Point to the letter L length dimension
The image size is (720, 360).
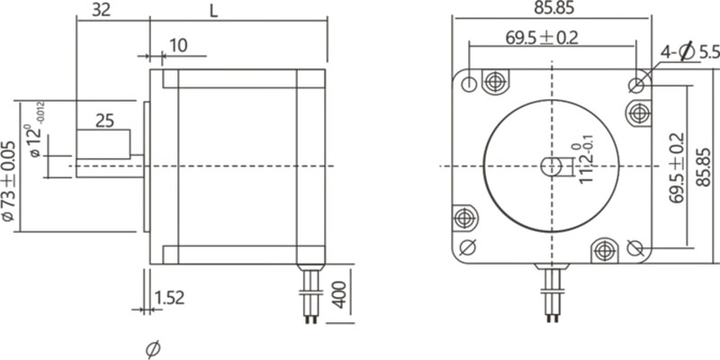click(x=212, y=11)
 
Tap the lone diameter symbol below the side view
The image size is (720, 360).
click(x=152, y=346)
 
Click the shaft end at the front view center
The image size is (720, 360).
click(x=551, y=166)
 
